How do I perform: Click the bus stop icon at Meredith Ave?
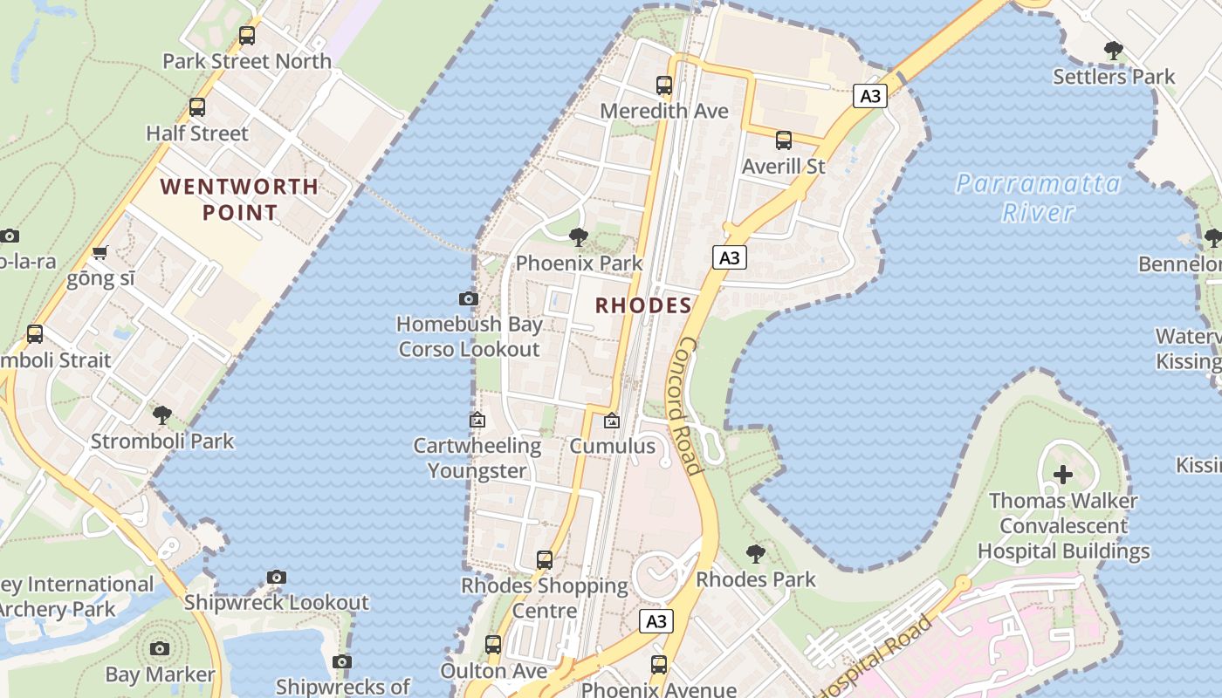tap(664, 86)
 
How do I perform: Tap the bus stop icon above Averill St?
tap(783, 140)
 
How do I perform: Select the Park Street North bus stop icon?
tap(247, 36)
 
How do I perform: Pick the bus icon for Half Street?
tap(197, 107)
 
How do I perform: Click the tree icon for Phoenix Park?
tap(578, 236)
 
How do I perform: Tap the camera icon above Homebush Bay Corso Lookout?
tap(468, 298)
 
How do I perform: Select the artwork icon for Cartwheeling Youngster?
tap(477, 420)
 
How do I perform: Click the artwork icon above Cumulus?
tap(612, 421)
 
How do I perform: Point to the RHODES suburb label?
tap(643, 305)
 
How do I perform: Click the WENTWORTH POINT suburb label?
tap(240, 199)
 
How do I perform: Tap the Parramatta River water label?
tap(1037, 197)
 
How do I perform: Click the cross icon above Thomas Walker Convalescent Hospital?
tap(1062, 475)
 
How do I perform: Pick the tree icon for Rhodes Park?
tap(756, 553)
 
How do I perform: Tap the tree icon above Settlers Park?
tap(1113, 51)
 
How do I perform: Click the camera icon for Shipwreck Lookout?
tap(277, 577)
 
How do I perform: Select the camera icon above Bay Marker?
tap(159, 648)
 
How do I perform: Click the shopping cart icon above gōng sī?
tap(100, 253)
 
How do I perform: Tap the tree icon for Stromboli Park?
tap(161, 414)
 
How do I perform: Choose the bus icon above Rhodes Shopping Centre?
tap(545, 559)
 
